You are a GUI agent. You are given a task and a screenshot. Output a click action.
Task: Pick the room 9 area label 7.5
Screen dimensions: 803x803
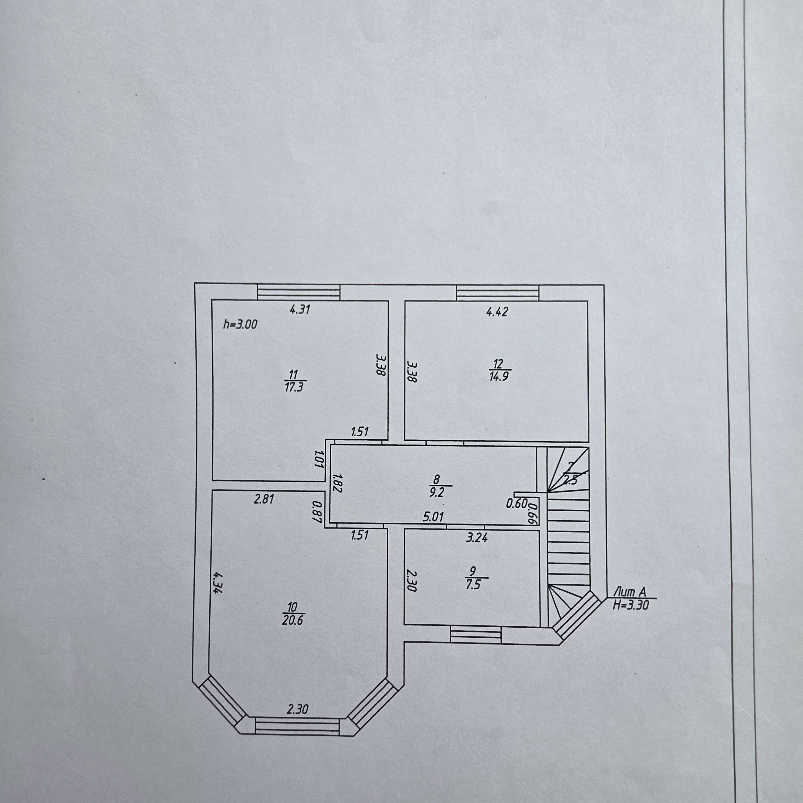tap(473, 585)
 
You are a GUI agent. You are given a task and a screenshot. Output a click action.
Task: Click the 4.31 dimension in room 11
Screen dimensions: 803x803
tap(300, 309)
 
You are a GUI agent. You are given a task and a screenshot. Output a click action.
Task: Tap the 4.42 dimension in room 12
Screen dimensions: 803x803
tap(497, 312)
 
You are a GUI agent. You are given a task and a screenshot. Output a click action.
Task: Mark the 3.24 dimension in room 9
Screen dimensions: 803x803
tap(477, 538)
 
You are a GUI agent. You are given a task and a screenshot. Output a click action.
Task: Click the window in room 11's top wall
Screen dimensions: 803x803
tap(299, 292)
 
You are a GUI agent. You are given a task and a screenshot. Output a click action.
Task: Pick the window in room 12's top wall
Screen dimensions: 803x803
tap(498, 292)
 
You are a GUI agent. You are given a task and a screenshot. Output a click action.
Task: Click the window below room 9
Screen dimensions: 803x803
tap(476, 636)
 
